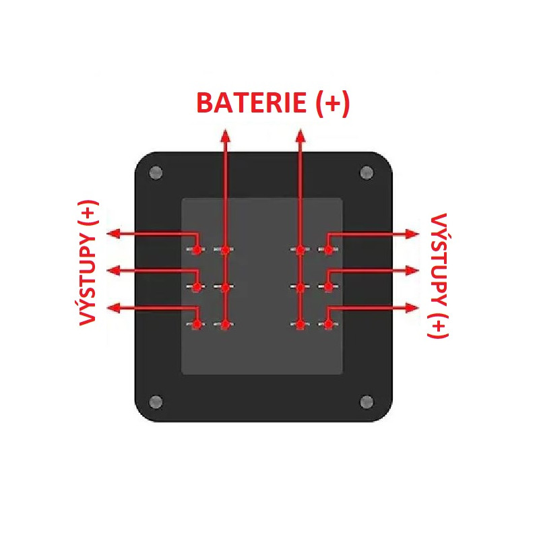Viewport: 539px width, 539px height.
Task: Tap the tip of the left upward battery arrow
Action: point(226,133)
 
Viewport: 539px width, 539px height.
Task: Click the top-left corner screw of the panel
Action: point(156,172)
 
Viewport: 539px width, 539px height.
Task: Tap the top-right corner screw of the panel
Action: point(367,172)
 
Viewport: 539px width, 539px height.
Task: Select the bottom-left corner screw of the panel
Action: point(156,402)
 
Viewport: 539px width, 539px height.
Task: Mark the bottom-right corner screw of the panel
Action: point(367,402)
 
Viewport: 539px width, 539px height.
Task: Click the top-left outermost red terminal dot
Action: point(196,250)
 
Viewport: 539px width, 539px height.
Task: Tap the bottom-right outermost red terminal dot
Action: point(328,325)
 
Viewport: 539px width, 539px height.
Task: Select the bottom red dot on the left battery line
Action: point(226,325)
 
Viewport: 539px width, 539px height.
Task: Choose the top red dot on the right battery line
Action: point(300,250)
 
